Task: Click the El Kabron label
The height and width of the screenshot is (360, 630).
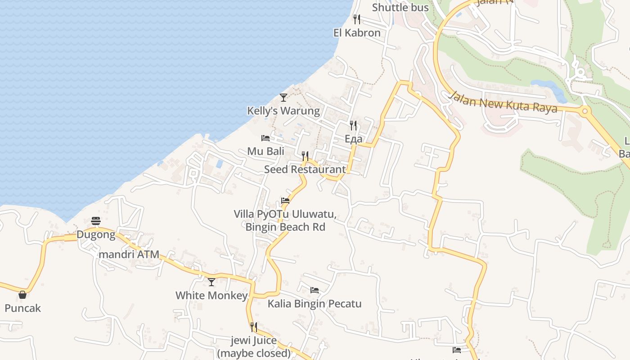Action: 357,33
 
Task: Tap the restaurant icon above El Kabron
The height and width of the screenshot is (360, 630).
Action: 357,19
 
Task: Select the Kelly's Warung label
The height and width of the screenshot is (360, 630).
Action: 283,111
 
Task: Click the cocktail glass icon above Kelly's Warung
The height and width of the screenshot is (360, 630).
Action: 283,97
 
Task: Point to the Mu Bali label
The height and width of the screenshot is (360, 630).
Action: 265,151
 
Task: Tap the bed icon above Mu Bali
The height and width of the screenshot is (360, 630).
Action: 265,138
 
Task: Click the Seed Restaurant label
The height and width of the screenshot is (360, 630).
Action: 305,170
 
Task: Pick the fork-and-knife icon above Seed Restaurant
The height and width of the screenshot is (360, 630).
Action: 305,156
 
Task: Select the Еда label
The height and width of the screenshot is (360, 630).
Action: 353,139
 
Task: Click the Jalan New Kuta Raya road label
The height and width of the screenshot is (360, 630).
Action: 503,102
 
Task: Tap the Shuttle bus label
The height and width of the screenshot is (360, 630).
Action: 400,8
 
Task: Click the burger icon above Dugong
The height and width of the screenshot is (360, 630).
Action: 95,221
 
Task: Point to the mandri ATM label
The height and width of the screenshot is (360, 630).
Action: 129,255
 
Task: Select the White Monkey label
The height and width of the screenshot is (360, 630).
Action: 211,296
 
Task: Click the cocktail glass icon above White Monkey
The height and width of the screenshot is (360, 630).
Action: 211,282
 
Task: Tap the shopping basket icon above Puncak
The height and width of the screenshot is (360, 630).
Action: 22,295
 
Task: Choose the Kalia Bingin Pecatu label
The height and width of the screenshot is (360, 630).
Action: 315,304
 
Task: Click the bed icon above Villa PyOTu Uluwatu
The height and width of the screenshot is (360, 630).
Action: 285,201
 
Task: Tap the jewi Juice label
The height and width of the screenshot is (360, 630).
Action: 254,340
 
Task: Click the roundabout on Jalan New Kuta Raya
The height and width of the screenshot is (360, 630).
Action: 585,111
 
